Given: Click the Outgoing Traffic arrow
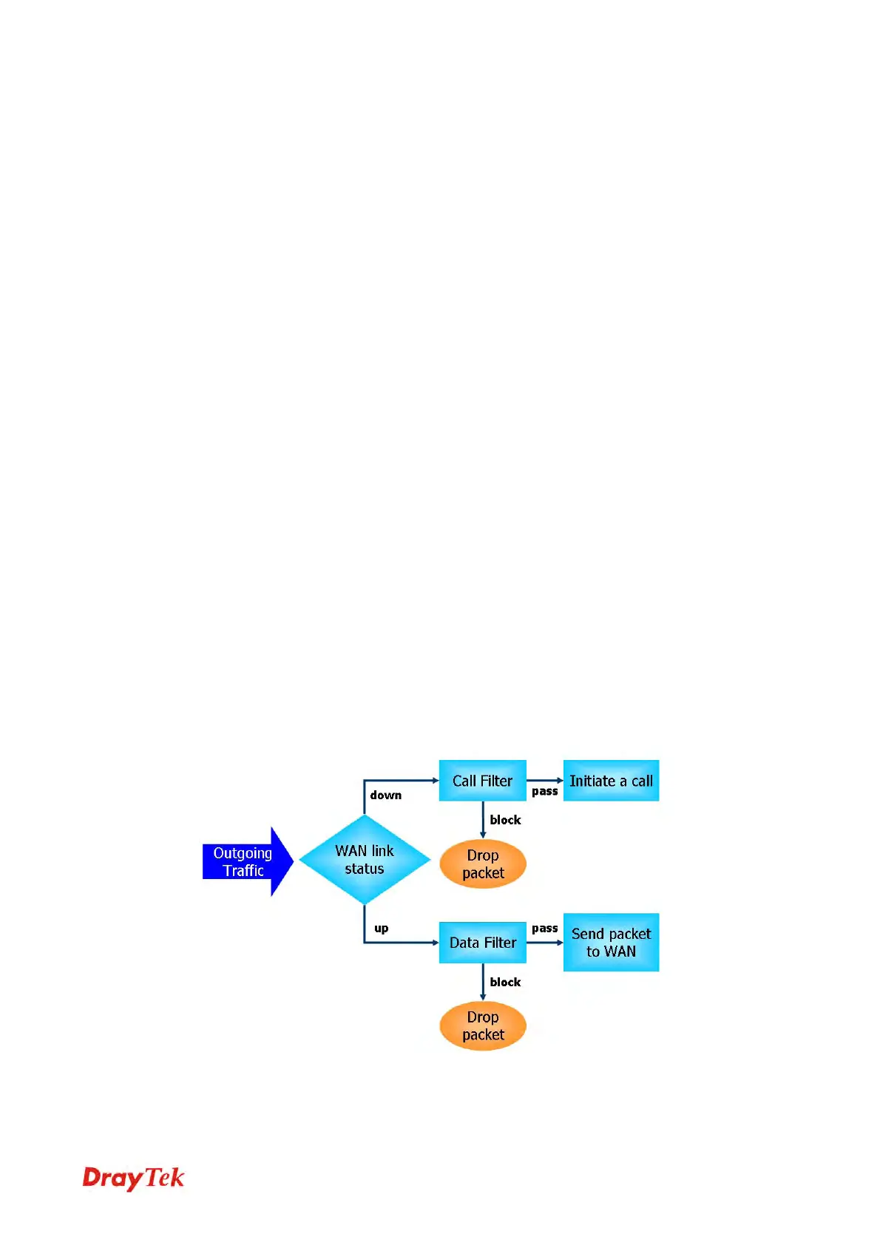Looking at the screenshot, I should tap(244, 861).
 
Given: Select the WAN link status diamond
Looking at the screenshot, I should tap(365, 860).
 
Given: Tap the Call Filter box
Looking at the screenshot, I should tap(482, 781).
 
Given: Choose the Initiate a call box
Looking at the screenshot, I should tap(611, 781).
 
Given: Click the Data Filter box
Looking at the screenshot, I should tap(482, 943).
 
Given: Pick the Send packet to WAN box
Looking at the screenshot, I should tap(611, 943).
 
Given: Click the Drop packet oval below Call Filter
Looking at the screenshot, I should tap(482, 864).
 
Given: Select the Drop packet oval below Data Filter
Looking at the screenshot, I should tap(482, 1026).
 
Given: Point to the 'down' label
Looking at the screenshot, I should tap(386, 795).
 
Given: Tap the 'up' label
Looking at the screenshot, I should tap(382, 929).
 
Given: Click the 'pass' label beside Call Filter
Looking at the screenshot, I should tap(545, 792).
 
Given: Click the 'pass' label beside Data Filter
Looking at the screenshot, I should tap(545, 929).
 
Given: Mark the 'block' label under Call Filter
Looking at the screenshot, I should tap(505, 820).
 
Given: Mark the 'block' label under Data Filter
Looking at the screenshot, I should tap(505, 982).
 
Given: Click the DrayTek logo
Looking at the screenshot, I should tap(133, 1178).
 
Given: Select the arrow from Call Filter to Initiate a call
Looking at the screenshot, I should tap(545, 781).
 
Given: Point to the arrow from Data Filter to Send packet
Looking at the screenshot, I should tap(545, 943).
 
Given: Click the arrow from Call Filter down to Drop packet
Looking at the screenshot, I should tap(483, 820).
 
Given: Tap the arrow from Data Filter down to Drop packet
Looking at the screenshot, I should tap(483, 982).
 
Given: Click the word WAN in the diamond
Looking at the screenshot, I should tap(351, 851).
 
